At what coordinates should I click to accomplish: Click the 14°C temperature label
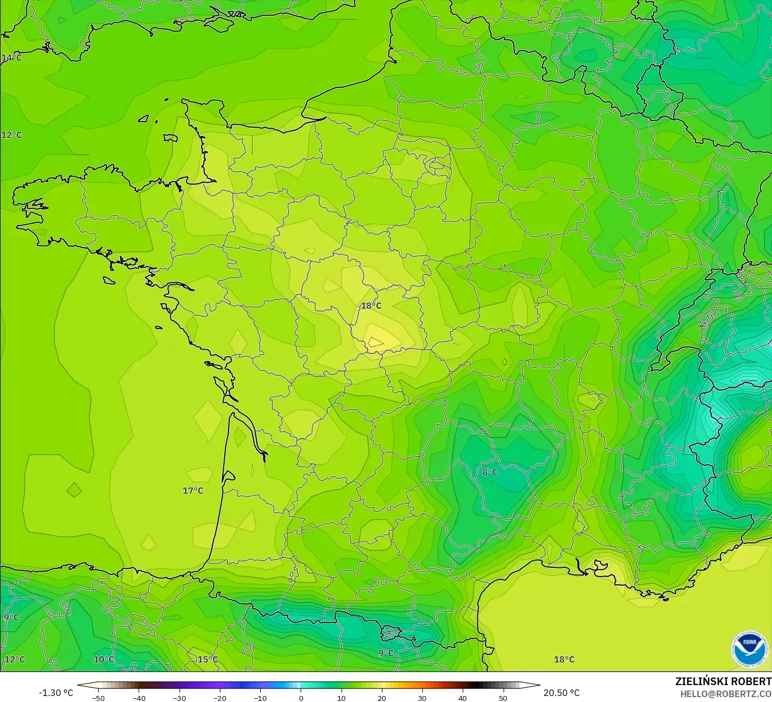point(11,58)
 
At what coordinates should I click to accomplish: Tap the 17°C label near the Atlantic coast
point(193,491)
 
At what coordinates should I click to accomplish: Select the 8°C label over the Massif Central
point(490,472)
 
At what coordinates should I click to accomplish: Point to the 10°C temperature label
point(104,659)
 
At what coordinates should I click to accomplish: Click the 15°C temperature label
point(207,659)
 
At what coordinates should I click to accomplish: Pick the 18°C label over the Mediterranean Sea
point(564,659)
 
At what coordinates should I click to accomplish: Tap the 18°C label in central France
point(371,306)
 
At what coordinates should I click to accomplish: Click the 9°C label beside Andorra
point(386,653)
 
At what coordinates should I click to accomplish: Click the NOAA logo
point(750,649)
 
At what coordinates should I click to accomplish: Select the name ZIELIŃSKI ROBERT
point(723,681)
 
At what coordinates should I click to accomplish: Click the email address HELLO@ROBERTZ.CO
point(726,694)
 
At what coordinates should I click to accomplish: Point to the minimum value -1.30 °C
point(56,693)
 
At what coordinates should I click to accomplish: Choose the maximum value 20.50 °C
point(561,693)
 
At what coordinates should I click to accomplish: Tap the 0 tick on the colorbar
point(301,698)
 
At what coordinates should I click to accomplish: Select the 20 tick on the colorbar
point(382,698)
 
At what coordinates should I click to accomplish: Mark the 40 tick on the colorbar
point(463,698)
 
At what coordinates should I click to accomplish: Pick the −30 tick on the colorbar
point(179,698)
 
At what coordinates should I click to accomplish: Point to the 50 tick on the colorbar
point(503,698)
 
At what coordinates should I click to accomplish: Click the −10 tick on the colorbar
point(260,698)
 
